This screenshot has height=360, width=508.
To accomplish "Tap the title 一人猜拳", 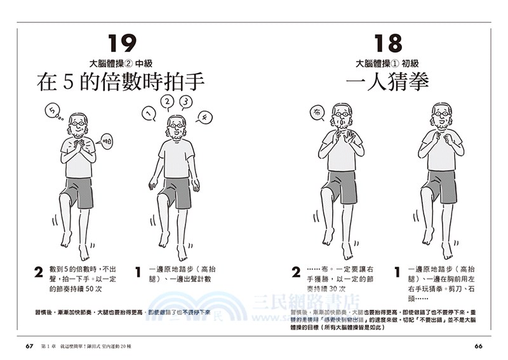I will point(389,82).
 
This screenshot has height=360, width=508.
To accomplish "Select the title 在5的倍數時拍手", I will point(123,83).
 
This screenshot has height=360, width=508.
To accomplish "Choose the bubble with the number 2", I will point(167,102).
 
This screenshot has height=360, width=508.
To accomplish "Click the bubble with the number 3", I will point(185,102).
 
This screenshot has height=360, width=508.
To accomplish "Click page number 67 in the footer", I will point(29,346).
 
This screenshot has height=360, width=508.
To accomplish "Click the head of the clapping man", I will point(78,124).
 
